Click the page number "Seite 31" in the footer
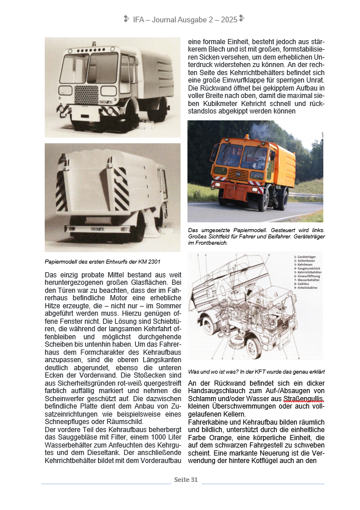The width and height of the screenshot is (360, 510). click(x=186, y=480)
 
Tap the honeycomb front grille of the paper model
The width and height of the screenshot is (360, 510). click(x=86, y=96)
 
